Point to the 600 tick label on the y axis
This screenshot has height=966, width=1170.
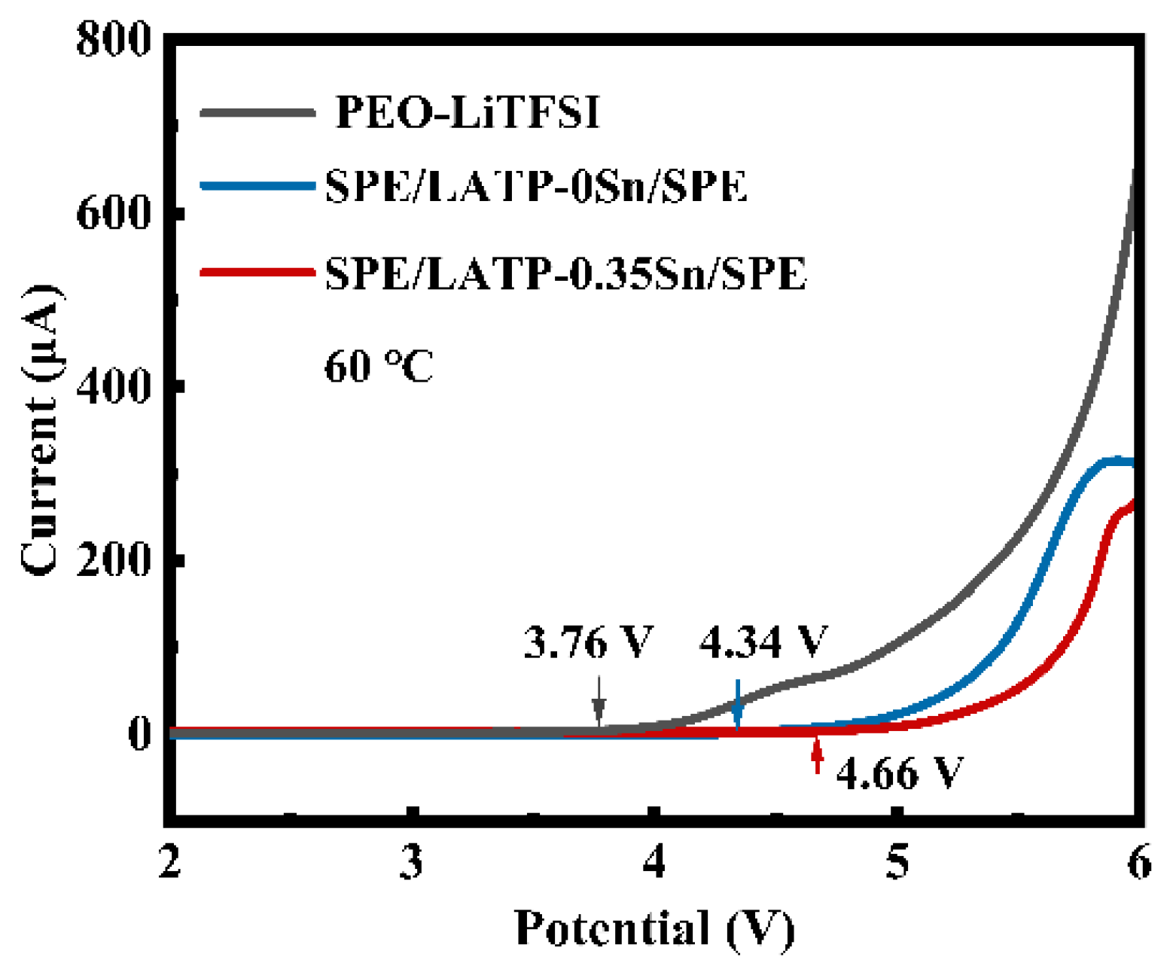coord(114,214)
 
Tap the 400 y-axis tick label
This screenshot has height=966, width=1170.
coord(114,386)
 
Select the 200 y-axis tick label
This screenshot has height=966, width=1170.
coord(114,560)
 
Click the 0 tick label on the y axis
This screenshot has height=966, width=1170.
coord(140,733)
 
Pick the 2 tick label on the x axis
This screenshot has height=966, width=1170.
coord(169,862)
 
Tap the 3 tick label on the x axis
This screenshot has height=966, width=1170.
coord(412,862)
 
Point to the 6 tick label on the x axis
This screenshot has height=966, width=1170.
coord(1139,862)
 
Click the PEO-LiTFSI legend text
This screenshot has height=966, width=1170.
coord(467,113)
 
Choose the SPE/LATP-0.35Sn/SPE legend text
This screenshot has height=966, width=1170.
coord(565,273)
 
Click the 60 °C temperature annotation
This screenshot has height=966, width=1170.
coord(378,367)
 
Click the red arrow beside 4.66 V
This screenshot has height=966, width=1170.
coord(817,757)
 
